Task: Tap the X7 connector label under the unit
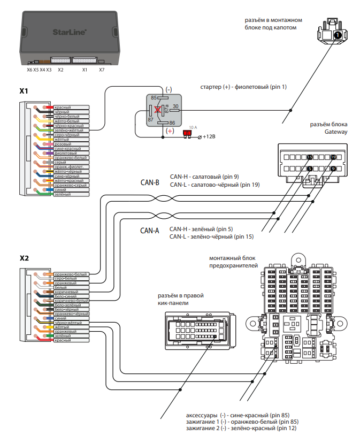click(102, 70)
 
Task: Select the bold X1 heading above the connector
click(24, 91)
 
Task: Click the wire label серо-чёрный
click(66, 135)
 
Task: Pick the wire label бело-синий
click(66, 296)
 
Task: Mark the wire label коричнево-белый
click(71, 301)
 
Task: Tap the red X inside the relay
click(158, 110)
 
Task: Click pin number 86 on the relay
click(172, 123)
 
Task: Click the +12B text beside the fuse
click(209, 137)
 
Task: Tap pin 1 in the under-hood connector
click(338, 35)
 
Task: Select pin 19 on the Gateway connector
click(333, 157)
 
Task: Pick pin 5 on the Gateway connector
click(310, 169)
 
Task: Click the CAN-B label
click(150, 182)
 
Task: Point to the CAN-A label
click(150, 231)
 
